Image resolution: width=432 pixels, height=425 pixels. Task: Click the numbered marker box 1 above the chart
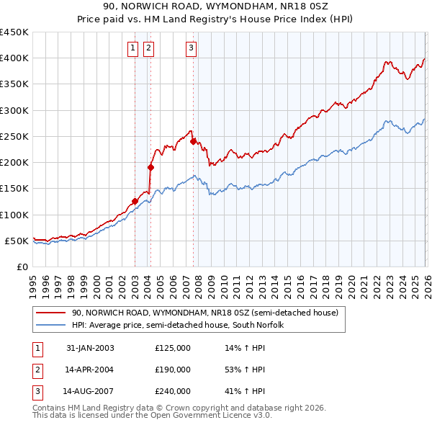coord(134,48)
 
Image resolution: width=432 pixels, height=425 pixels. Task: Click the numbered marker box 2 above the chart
coord(148,48)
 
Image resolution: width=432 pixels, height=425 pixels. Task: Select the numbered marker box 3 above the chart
coord(191,48)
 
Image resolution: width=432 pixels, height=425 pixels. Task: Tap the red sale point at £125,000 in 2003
coord(135,201)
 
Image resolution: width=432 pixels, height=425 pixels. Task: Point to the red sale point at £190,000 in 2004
coord(150,167)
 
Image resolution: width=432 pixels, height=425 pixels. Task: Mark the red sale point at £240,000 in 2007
coord(193,141)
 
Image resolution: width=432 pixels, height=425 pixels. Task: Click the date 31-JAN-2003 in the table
coord(90,348)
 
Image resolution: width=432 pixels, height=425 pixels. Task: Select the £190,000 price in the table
coord(173,370)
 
